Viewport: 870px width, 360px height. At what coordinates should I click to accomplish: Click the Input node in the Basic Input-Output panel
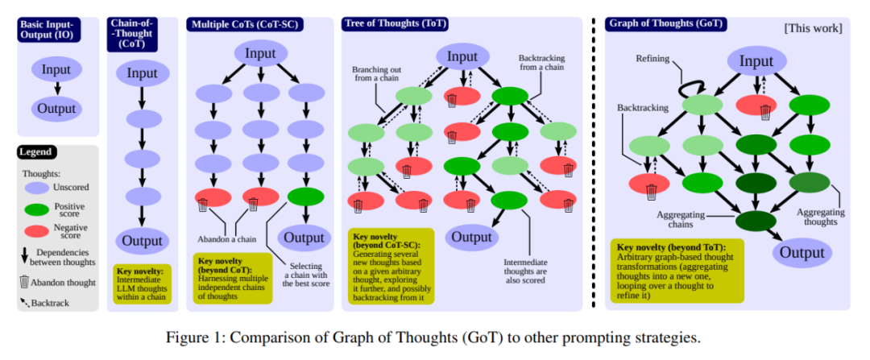tap(56, 70)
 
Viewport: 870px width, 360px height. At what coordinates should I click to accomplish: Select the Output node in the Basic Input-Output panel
tap(56, 109)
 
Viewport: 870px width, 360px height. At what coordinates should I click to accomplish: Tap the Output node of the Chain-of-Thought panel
tap(143, 240)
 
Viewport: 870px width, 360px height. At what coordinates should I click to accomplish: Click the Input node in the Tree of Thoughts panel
tap(462, 56)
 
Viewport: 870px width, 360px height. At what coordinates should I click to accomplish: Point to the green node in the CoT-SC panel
tap(305, 197)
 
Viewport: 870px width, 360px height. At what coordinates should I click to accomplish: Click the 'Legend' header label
tap(36, 151)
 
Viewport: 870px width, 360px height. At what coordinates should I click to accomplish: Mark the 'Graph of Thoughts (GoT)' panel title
tap(665, 24)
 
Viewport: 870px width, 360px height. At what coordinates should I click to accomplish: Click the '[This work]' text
tap(813, 28)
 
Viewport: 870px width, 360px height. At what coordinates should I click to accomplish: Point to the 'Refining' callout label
tap(652, 58)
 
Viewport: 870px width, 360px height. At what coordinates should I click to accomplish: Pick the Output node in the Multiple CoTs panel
tap(305, 237)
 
